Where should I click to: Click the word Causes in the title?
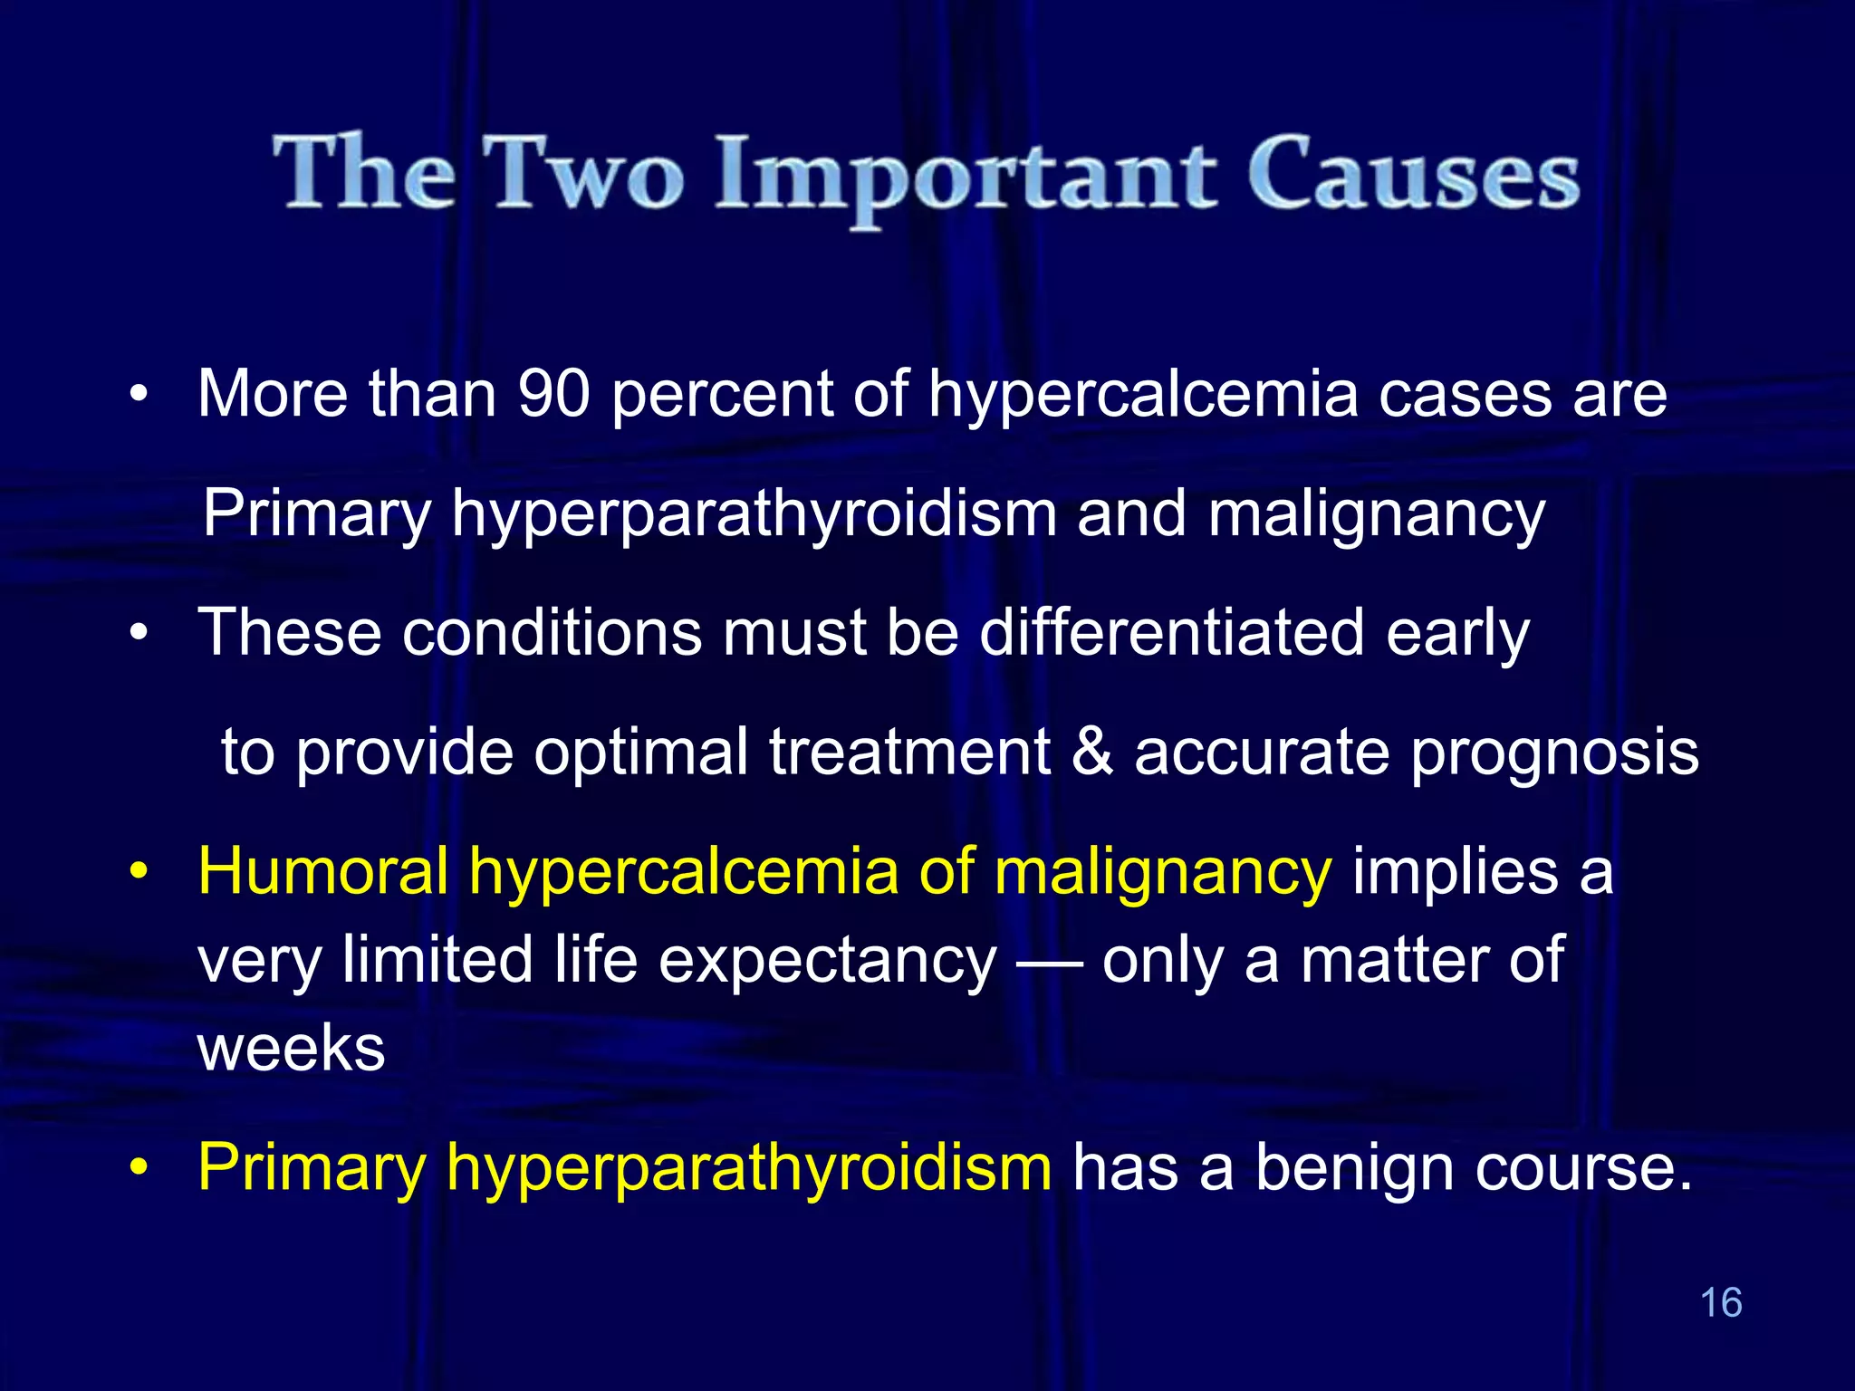coord(1413,174)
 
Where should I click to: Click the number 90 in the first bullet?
coord(554,394)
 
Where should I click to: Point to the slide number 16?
coord(1721,1302)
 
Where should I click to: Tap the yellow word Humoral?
coord(323,871)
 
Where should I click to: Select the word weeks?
coord(292,1049)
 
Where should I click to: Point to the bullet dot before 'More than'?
coord(138,396)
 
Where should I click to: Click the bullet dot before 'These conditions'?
coord(138,633)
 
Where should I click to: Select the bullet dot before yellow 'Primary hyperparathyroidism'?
coord(138,1168)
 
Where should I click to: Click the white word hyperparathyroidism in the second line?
coord(754,514)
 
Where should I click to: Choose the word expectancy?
coord(827,962)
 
